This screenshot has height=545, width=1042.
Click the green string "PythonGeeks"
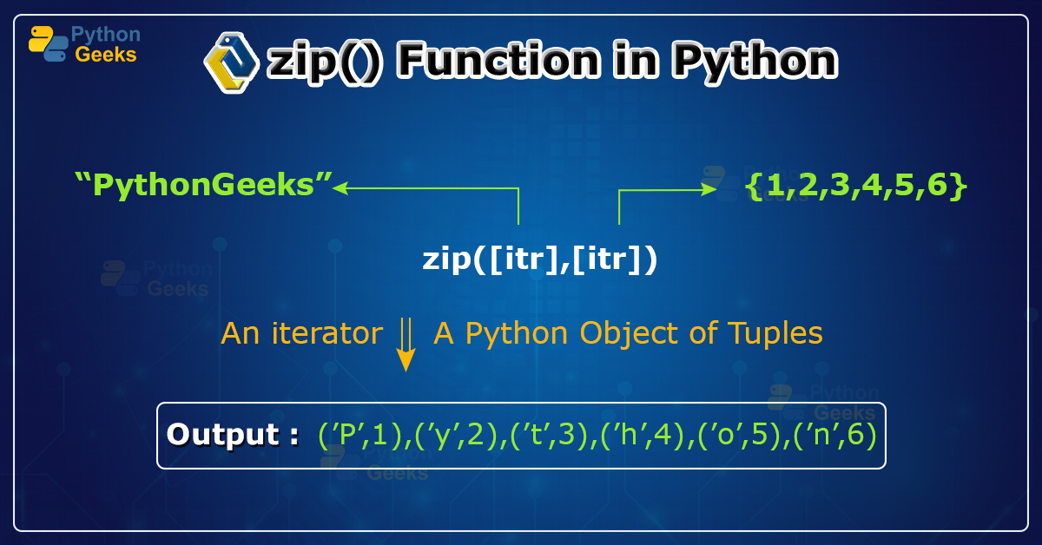point(204,185)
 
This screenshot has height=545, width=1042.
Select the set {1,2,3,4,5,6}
point(855,185)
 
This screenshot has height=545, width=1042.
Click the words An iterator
point(301,333)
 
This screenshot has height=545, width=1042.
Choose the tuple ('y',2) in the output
point(458,435)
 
